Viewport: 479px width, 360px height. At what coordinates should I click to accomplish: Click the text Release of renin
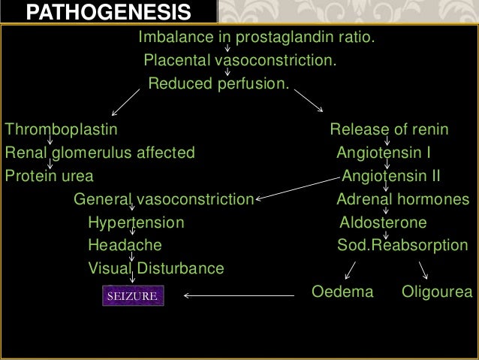[389, 129]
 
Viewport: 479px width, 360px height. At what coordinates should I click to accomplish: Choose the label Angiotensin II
[390, 177]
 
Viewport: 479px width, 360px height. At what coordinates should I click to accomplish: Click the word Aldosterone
[383, 222]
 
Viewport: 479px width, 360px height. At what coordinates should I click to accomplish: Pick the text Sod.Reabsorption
[402, 245]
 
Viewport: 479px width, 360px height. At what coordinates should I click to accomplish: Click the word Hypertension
[135, 222]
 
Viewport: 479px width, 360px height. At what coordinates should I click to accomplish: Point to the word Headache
[124, 245]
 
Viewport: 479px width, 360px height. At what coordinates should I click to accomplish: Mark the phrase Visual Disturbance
[155, 268]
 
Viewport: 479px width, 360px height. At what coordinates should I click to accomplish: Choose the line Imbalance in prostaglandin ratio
[256, 37]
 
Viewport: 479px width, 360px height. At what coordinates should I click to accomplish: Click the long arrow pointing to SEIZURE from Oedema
[239, 295]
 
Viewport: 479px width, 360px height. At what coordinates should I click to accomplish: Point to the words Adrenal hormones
[402, 200]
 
